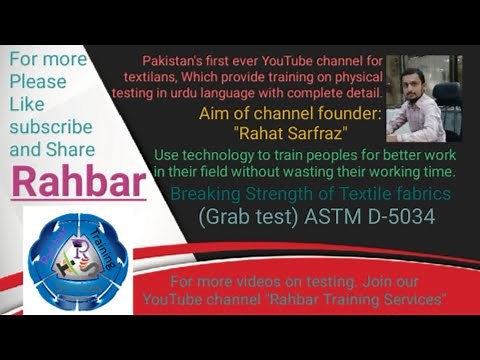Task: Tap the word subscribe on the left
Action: click(x=51, y=127)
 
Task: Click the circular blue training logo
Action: click(x=78, y=259)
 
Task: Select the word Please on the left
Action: click(x=38, y=81)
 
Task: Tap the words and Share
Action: click(x=52, y=149)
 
